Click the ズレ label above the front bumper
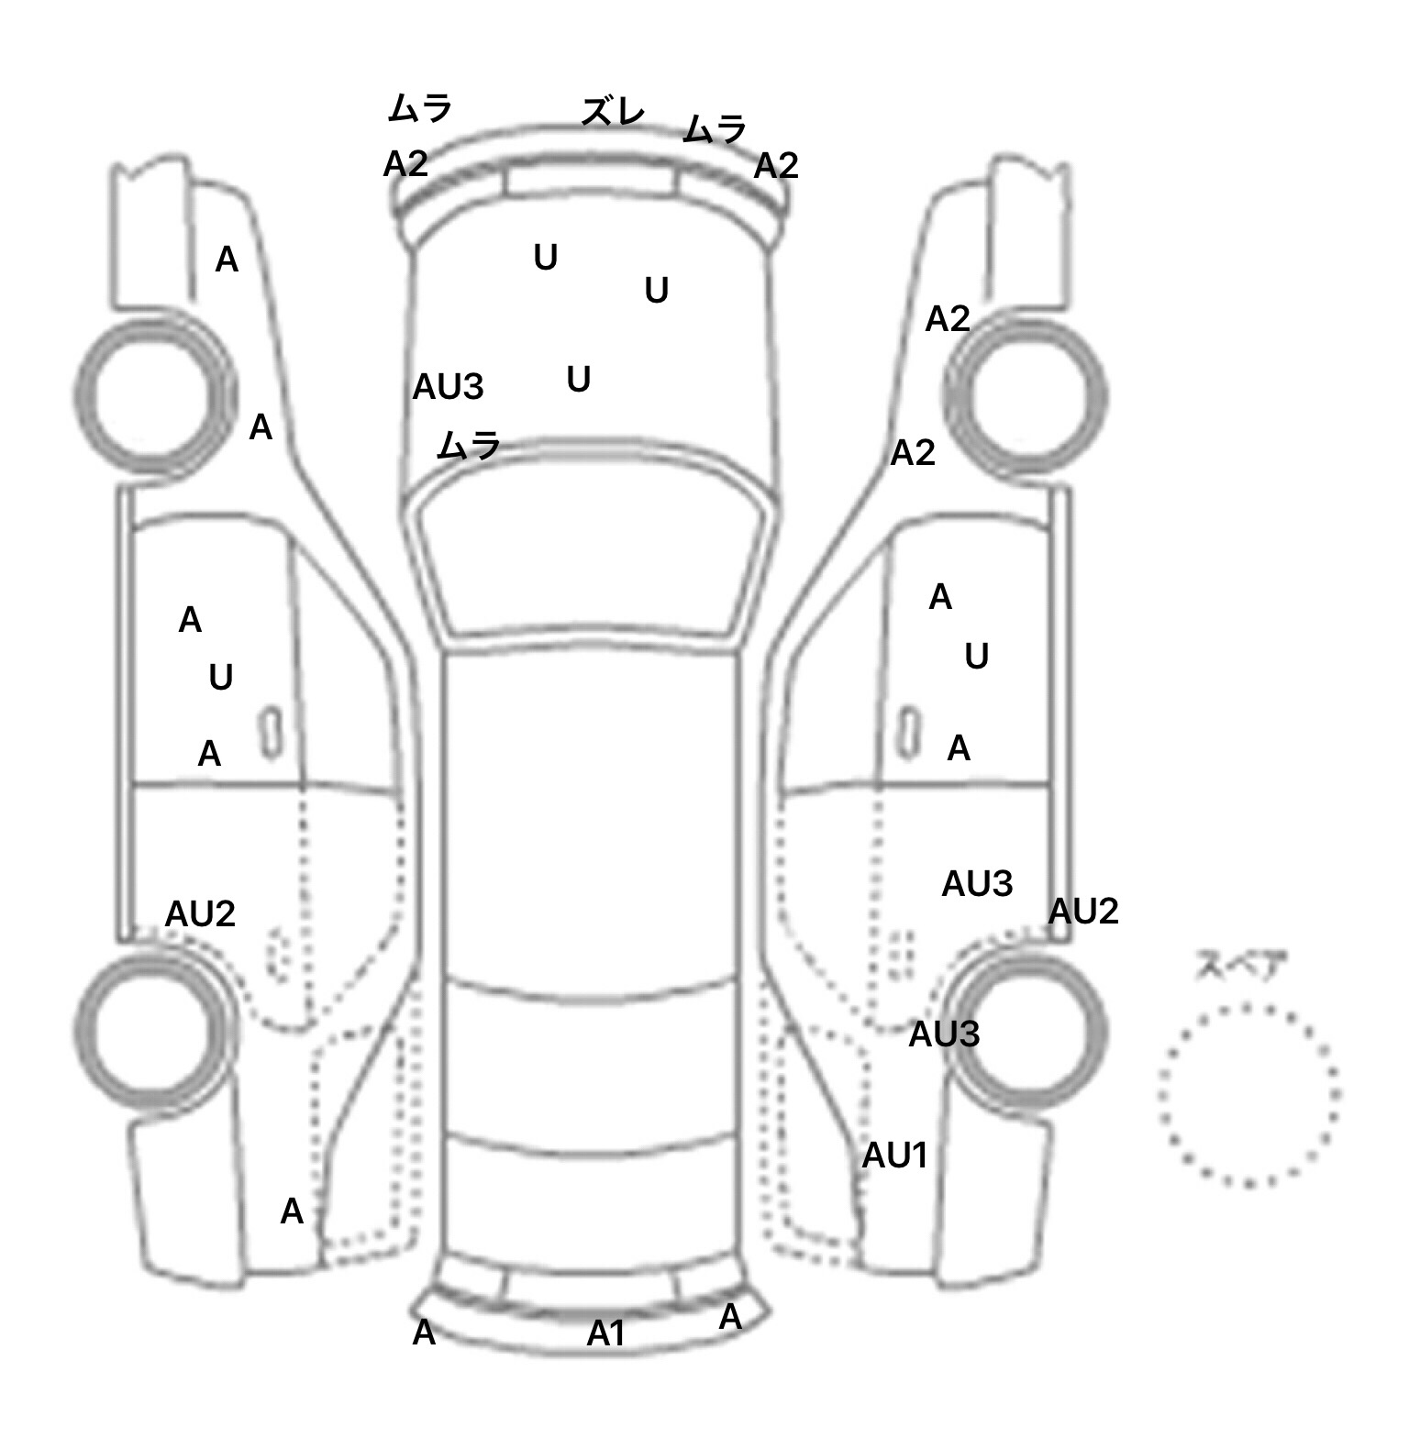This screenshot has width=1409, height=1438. point(613,112)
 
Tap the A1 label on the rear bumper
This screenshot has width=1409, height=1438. point(605,1333)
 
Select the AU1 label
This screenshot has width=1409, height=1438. point(894,1156)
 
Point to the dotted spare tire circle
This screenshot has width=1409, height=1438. point(1248,1095)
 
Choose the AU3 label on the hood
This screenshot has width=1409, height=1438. point(448,387)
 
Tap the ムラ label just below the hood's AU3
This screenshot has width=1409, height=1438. point(469,446)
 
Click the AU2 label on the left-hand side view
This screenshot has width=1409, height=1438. point(200,913)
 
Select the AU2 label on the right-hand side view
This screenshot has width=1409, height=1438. point(1083,911)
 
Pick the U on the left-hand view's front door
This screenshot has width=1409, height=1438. point(220,678)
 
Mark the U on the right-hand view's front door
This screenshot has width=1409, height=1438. point(976,657)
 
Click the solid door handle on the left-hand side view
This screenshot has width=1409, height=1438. point(271,732)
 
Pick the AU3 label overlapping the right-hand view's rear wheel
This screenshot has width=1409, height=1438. point(944,1034)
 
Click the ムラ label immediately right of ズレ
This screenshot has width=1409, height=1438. point(715,129)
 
